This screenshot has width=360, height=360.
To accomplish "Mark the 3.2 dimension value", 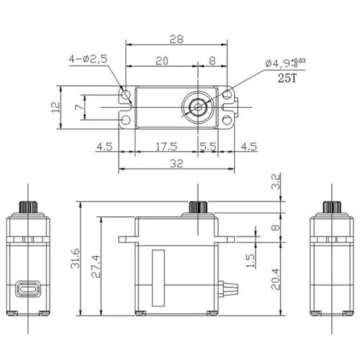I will [x=277, y=183].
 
